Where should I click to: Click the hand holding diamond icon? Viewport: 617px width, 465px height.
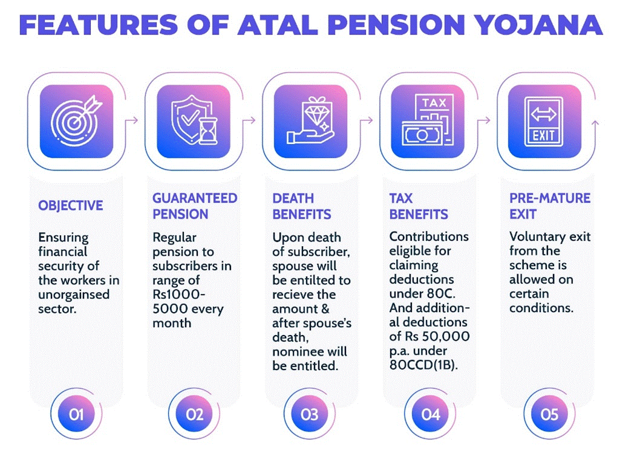click(311, 120)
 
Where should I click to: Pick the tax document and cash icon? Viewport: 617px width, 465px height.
click(427, 120)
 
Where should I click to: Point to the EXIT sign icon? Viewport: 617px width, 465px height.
click(543, 121)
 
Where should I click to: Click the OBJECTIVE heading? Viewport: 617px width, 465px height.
click(70, 206)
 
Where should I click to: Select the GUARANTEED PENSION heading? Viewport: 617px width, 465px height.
click(195, 206)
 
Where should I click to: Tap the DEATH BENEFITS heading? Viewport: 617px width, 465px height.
click(302, 206)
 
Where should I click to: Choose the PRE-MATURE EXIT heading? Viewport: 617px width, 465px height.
click(550, 206)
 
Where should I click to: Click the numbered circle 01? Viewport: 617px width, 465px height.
click(76, 414)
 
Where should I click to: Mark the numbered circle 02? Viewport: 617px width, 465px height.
click(194, 414)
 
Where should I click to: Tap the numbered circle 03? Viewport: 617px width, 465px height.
click(310, 414)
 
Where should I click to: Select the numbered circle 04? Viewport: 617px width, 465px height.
click(431, 414)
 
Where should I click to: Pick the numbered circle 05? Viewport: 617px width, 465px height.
click(549, 414)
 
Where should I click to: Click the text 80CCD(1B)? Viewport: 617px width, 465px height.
click(424, 365)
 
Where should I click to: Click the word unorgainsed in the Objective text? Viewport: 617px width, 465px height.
click(74, 295)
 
